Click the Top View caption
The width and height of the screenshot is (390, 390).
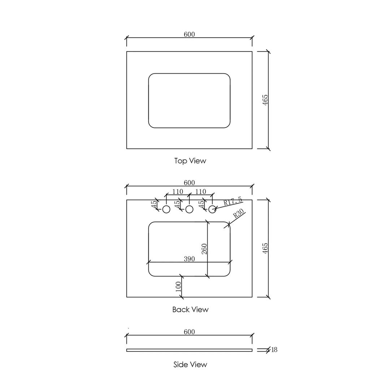point(190,161)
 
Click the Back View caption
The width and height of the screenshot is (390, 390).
point(190,309)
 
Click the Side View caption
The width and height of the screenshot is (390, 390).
point(190,364)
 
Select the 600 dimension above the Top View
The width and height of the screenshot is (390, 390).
point(189,34)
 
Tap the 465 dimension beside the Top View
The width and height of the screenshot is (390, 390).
point(265,100)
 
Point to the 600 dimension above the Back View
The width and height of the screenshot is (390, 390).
point(189,183)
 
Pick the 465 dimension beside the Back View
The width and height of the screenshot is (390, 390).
point(265,248)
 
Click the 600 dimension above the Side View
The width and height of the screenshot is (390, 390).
point(189,332)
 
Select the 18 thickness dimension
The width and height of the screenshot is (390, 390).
point(274,350)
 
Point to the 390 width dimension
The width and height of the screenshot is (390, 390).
point(189,259)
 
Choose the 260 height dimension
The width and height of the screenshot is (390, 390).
point(204,249)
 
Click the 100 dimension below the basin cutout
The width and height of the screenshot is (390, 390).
point(178,287)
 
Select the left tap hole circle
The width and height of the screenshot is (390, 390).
point(166,209)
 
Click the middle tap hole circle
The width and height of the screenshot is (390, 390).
point(189,209)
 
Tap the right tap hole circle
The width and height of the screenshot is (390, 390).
point(212,209)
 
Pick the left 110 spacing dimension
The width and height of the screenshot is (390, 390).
point(178,192)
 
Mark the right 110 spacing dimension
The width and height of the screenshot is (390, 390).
point(200,192)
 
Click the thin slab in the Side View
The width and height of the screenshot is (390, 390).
point(189,350)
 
